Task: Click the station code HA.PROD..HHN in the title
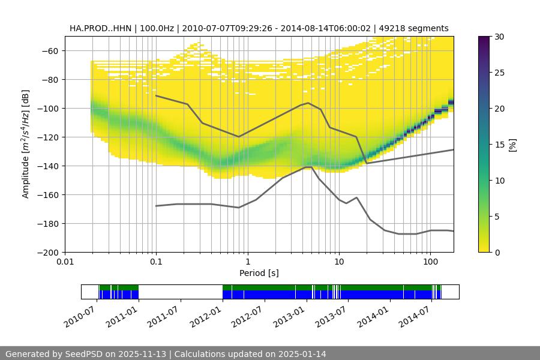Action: (x=98, y=28)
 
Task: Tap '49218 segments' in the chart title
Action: (x=418, y=28)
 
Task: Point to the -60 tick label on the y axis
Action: (x=50, y=50)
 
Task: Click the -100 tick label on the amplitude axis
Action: (x=48, y=108)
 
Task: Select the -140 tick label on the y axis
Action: (x=48, y=166)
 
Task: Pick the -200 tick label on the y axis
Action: (x=48, y=252)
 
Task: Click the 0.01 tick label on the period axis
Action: (x=65, y=262)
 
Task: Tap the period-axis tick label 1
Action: (x=247, y=262)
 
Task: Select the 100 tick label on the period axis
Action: (x=430, y=262)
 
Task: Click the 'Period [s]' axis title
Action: (x=259, y=273)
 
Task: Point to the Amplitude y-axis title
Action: (x=26, y=144)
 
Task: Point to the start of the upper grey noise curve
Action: (x=156, y=95)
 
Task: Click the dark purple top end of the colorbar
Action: (x=485, y=39)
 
